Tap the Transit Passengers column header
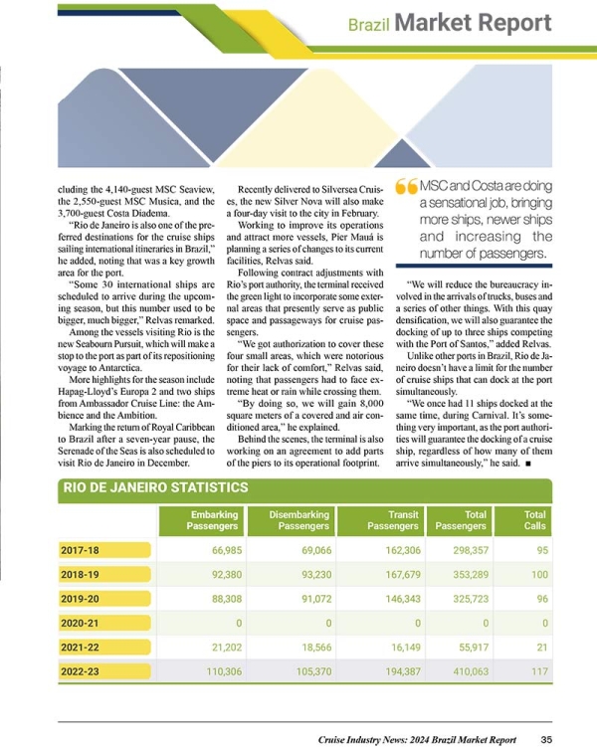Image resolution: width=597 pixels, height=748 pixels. point(392,519)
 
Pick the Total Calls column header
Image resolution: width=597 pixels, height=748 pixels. point(534,519)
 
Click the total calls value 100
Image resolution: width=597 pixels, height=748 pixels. point(538,574)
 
